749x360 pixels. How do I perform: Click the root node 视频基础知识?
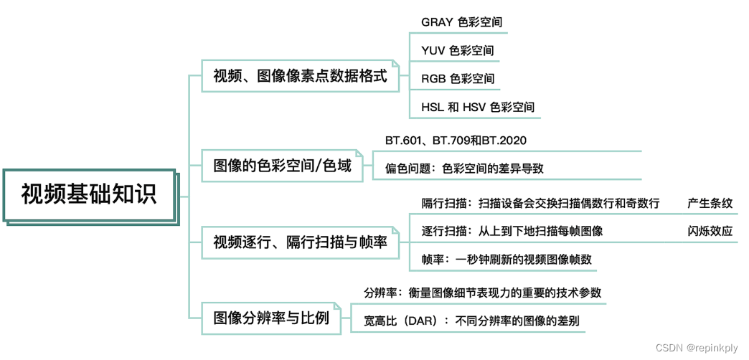tap(89, 194)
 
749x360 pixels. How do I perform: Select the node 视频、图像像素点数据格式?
tap(300, 75)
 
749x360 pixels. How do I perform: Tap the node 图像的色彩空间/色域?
tap(283, 166)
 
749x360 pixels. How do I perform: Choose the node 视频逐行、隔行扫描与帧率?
tap(300, 242)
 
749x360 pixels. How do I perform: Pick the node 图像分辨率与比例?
tap(271, 317)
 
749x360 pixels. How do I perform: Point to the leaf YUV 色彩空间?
tap(457, 50)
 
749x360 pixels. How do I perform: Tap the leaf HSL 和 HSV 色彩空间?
tap(477, 108)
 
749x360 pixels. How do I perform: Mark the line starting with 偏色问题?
tap(464, 169)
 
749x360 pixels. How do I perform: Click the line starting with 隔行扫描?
tap(540, 203)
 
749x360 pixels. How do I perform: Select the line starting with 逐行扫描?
tap(512, 231)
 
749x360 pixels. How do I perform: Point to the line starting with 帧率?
tap(507, 259)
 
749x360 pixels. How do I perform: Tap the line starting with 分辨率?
tap(482, 293)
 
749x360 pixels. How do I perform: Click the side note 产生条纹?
tap(710, 203)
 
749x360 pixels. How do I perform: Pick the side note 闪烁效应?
tap(710, 231)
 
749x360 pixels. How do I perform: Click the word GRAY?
tap(437, 22)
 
